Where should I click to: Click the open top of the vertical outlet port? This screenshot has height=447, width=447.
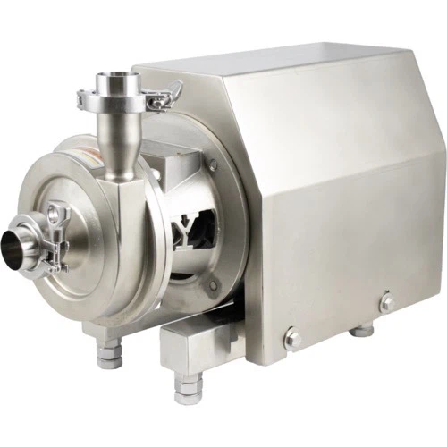[x=115, y=82]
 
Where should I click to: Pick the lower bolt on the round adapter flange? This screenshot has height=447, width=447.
[x=213, y=285]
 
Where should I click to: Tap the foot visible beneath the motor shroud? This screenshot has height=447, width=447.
[x=361, y=329]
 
